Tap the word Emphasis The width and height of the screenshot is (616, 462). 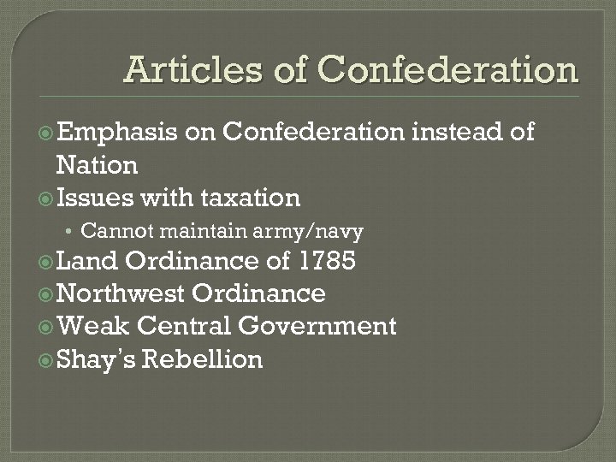[x=115, y=133]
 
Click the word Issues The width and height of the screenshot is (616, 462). [x=94, y=198]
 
